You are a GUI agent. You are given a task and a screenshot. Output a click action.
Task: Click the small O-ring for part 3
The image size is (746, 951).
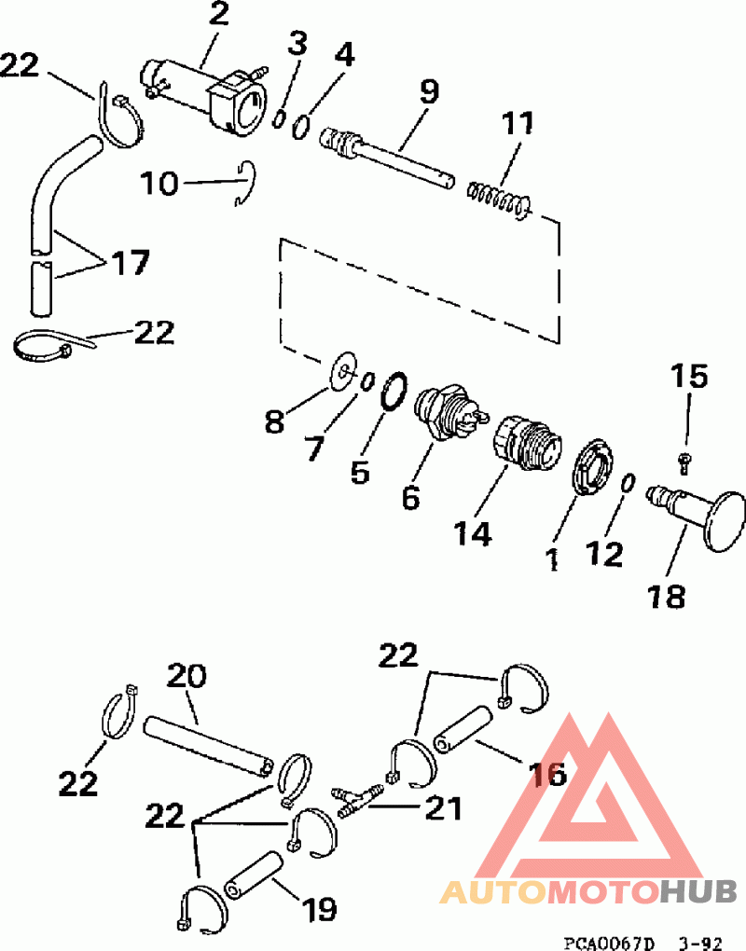point(278,117)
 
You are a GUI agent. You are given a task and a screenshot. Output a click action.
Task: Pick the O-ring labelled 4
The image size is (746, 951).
point(301,126)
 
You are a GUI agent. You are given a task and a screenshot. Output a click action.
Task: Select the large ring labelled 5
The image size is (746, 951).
point(394,390)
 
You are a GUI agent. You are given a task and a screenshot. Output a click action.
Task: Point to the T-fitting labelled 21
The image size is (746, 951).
point(357,799)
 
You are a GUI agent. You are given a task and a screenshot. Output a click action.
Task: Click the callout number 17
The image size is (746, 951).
point(129,264)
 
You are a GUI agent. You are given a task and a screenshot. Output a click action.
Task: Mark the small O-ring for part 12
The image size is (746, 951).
point(628,484)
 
